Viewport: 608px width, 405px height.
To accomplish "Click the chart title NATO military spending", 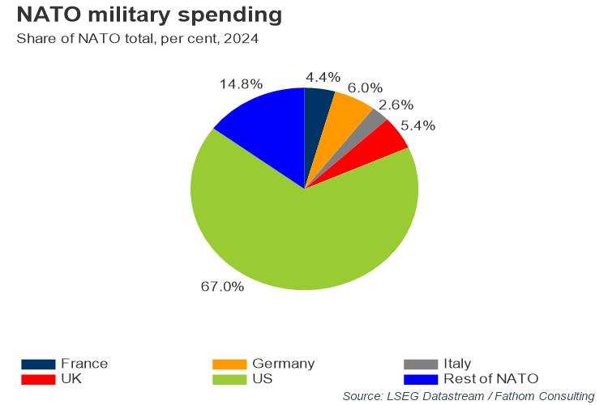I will [x=150, y=15].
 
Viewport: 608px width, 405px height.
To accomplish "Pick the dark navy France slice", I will [x=315, y=113].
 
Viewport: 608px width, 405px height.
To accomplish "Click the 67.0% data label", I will [x=222, y=286].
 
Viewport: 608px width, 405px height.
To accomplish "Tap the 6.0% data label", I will [x=364, y=87].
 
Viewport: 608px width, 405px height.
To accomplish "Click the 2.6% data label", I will [x=396, y=104].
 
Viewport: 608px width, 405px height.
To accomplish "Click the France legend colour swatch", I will [x=38, y=364].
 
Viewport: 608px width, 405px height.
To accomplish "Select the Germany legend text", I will [x=283, y=364].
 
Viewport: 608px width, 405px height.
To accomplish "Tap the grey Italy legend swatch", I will [x=420, y=364].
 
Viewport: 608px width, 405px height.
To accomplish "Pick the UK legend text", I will [x=71, y=378].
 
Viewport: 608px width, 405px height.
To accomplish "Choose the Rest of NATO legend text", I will [x=490, y=378].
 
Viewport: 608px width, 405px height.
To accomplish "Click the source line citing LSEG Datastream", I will [x=469, y=395].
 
